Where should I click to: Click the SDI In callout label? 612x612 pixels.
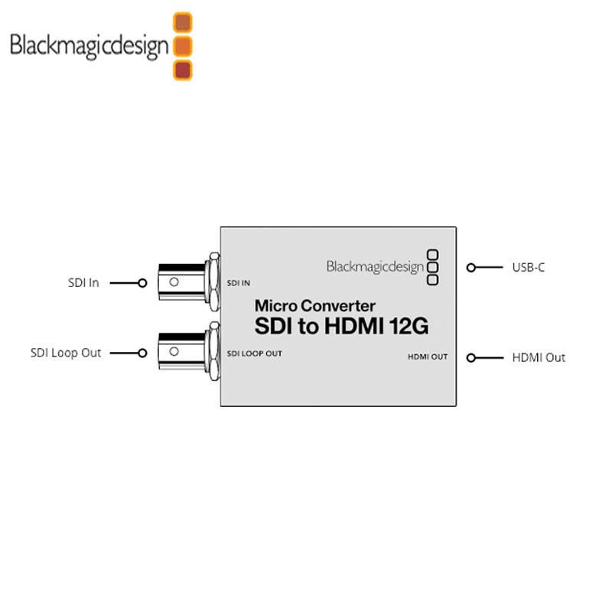pos(83,283)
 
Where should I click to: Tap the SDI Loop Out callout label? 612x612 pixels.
pos(66,353)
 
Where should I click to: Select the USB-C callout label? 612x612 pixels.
pos(528,268)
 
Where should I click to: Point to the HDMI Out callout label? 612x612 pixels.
pos(539,357)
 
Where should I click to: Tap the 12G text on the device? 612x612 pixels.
pos(408,327)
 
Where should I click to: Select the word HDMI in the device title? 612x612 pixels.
pos(353,327)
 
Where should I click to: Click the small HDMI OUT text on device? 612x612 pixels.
pos(427,356)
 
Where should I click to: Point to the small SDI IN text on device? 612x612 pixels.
pos(239,283)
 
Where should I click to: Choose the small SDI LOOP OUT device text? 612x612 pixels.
pos(255,353)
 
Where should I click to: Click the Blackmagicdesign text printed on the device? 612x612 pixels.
pos(375,266)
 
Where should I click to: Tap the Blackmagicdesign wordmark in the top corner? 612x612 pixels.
pos(89,46)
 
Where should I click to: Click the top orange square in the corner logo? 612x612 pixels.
pos(183,22)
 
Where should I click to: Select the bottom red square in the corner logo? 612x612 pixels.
pos(183,70)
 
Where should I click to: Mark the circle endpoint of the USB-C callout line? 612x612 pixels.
pos(471,268)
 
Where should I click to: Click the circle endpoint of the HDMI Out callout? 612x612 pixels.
pos(471,357)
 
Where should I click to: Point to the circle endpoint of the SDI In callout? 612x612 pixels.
pos(142,283)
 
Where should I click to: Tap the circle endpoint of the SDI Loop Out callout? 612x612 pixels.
pos(142,353)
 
